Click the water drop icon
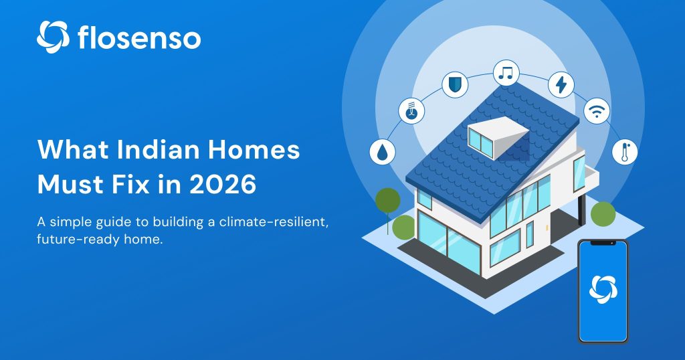pos(382,151)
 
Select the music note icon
pos(506,72)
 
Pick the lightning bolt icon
pos(561,85)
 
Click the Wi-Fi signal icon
pos(595,110)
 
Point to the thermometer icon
pos(624,151)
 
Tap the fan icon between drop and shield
pos(411,110)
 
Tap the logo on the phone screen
pos(603,288)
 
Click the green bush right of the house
pos(603,213)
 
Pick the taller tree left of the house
pos(388,201)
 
